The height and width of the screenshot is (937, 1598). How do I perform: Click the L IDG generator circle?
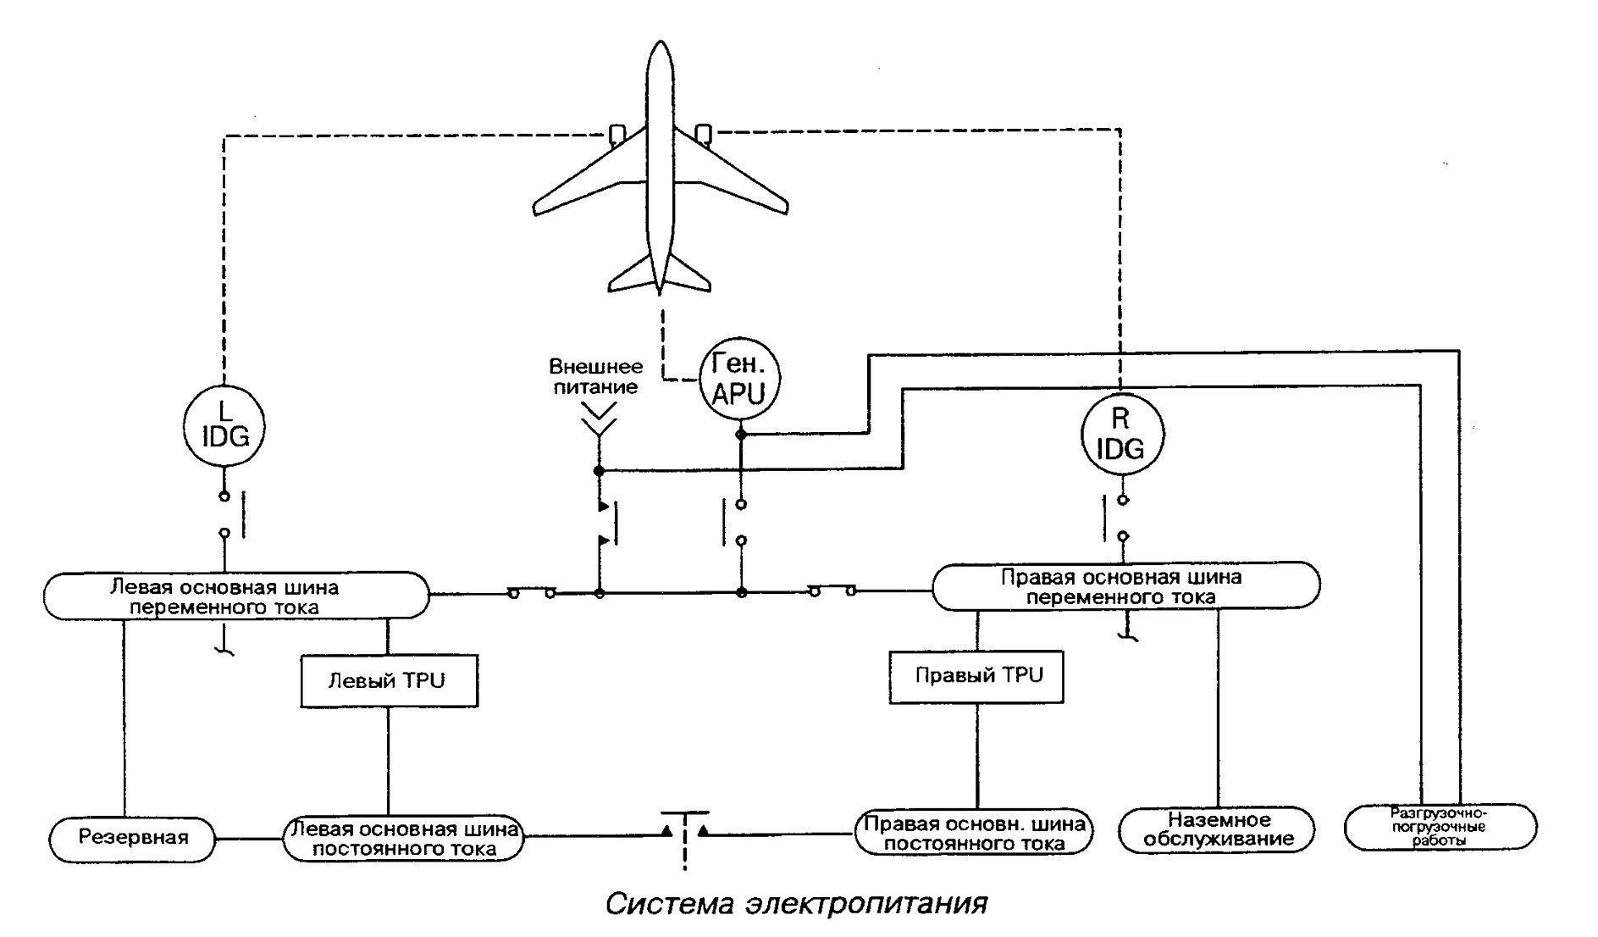[224, 424]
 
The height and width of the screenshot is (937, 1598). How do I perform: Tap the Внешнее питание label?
[596, 377]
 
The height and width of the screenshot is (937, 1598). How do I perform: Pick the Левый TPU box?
[389, 680]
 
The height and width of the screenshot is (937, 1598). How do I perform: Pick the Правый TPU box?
[977, 675]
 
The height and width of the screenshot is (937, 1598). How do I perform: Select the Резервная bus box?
[132, 839]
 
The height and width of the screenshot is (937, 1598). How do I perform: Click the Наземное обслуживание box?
[1218, 829]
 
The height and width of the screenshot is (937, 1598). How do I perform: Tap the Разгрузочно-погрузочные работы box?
[1440, 827]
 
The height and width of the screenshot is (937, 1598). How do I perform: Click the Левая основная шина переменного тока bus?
[236, 596]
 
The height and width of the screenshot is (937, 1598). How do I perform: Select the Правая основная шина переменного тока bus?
[1125, 586]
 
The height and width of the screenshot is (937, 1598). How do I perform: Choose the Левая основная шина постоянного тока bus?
[403, 839]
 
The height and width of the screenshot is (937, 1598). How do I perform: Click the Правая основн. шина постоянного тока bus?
[973, 833]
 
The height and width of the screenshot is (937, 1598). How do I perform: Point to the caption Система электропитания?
[797, 903]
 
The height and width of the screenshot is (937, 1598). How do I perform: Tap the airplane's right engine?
[703, 135]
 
